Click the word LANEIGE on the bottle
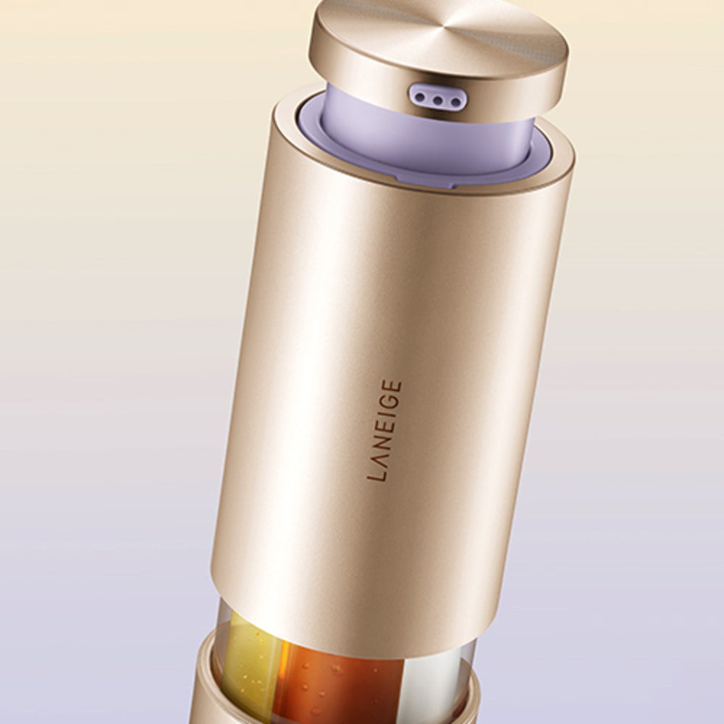(x=384, y=430)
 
